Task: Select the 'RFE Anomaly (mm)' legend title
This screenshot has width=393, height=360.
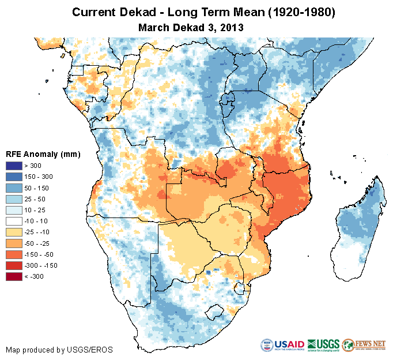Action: pos(42,155)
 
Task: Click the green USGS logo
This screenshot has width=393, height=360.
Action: pos(324,344)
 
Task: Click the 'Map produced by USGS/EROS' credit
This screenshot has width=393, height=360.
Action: pos(59,350)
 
